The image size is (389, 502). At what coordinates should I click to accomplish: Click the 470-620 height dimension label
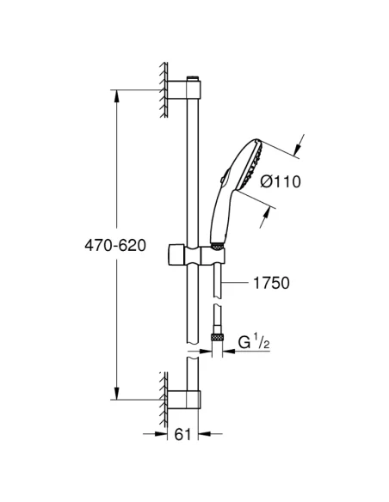coord(115,246)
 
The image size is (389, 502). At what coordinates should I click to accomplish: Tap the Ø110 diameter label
coord(281,181)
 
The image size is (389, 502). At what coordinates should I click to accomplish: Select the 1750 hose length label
coord(271,283)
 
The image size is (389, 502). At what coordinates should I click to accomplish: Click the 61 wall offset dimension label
coord(182,434)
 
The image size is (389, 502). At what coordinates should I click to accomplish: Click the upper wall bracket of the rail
coord(184,89)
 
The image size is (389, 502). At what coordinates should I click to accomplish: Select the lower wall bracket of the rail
coord(184,400)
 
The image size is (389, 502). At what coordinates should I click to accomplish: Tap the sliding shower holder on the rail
coord(196,255)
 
